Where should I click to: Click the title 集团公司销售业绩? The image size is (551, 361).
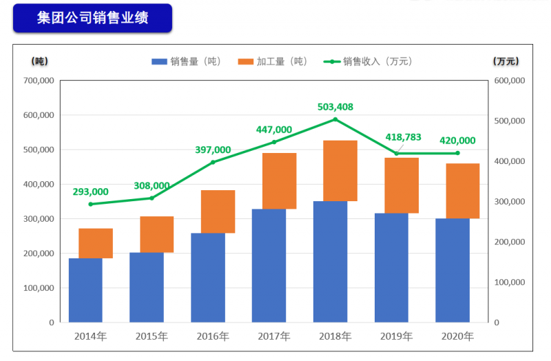pyautogui.click(x=92, y=19)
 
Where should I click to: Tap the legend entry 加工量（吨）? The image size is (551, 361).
pyautogui.click(x=273, y=61)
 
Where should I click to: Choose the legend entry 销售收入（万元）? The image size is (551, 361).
pyautogui.click(x=368, y=61)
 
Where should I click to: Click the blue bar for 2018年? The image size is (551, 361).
pyautogui.click(x=330, y=262)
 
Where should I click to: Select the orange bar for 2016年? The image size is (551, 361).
pyautogui.click(x=218, y=212)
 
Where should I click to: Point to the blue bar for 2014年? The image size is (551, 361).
pyautogui.click(x=85, y=290)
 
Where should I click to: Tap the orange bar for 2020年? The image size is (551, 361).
pyautogui.click(x=462, y=191)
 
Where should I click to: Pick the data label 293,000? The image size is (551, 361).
pyautogui.click(x=90, y=192)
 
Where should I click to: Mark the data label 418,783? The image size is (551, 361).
pyautogui.click(x=403, y=137)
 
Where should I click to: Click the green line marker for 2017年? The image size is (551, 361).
pyautogui.click(x=273, y=142)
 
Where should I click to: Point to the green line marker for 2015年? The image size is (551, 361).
pyautogui.click(x=152, y=198)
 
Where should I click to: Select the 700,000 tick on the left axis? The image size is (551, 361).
pyautogui.click(x=39, y=81)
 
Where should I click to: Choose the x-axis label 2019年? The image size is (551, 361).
pyautogui.click(x=397, y=336)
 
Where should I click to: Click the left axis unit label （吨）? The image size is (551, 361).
pyautogui.click(x=40, y=61)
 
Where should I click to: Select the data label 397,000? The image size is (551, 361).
pyautogui.click(x=213, y=149)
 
